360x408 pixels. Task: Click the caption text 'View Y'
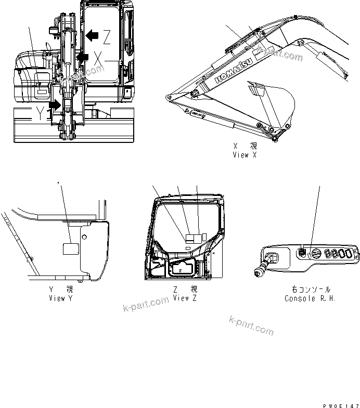64,298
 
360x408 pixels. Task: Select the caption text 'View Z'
185,298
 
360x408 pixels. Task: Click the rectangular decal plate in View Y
70,248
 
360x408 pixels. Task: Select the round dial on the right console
315,253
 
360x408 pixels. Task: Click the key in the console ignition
260,270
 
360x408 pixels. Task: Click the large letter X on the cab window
98,58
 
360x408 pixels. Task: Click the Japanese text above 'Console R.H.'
311,289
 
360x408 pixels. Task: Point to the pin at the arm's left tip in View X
168,97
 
